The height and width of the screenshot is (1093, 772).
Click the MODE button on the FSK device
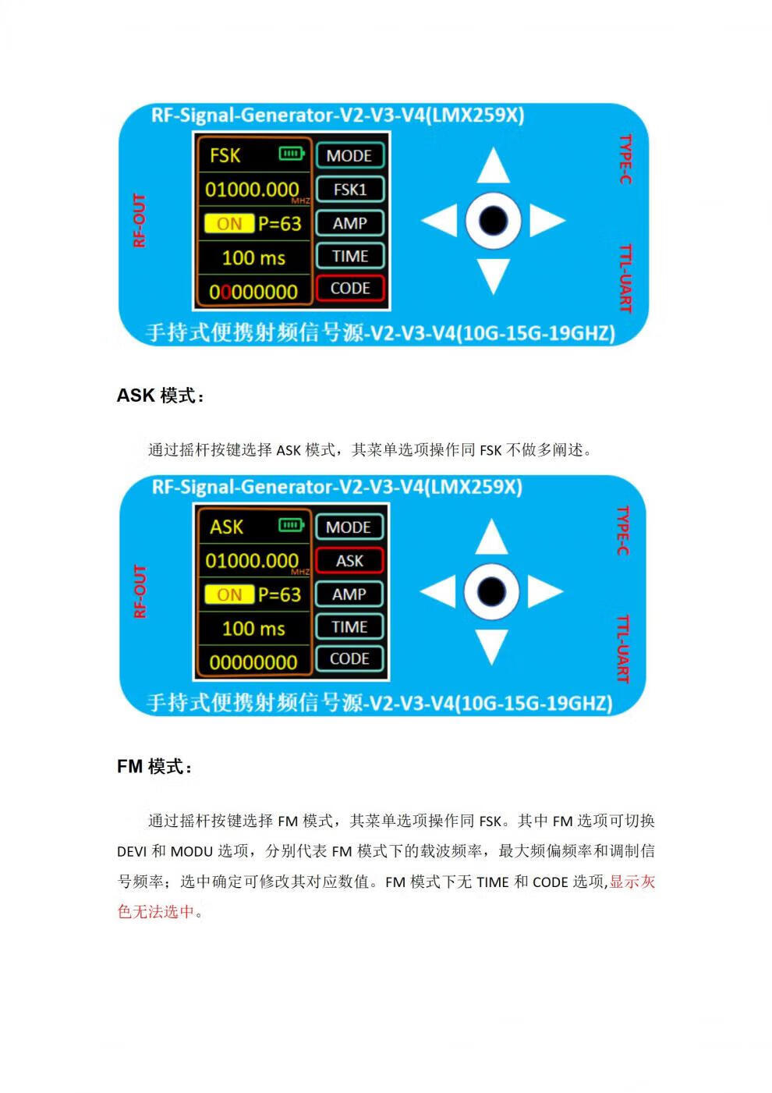point(349,156)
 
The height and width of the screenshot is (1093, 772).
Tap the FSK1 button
point(349,190)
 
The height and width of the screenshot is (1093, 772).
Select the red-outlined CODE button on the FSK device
point(349,289)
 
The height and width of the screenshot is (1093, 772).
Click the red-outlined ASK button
point(349,561)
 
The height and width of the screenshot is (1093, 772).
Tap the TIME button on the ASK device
point(349,626)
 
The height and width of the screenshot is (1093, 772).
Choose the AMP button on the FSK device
point(349,223)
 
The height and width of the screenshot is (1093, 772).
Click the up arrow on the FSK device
point(493,166)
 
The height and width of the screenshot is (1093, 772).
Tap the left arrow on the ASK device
point(438,591)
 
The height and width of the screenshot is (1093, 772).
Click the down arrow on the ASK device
point(491,647)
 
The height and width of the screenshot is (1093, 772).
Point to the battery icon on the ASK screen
point(291,525)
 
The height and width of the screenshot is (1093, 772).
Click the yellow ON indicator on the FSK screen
point(229,223)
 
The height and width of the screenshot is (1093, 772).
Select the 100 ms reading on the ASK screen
point(253,629)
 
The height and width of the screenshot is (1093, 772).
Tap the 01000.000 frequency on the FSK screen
point(252,190)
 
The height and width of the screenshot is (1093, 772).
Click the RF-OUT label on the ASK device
point(140,591)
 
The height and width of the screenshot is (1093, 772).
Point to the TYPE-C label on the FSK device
point(625,159)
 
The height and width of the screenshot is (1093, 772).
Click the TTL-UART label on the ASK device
point(623,648)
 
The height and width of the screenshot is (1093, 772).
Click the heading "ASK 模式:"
point(161,396)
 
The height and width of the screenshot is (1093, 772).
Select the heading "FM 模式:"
point(154,766)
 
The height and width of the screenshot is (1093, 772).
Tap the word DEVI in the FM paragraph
point(132,851)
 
